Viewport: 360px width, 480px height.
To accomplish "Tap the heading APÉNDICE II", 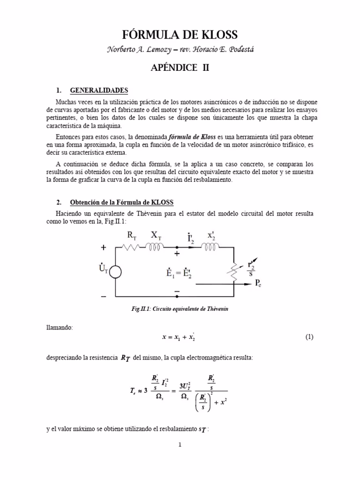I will [180, 67].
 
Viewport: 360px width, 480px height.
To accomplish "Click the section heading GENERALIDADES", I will [98, 90].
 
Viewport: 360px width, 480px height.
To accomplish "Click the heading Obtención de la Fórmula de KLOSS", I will [121, 202].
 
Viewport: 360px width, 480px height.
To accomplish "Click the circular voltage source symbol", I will [115, 272].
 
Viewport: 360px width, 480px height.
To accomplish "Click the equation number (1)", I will [309, 337].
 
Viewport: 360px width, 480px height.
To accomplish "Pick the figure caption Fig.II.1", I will [180, 309].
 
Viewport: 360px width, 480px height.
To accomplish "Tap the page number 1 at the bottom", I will [180, 445].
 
